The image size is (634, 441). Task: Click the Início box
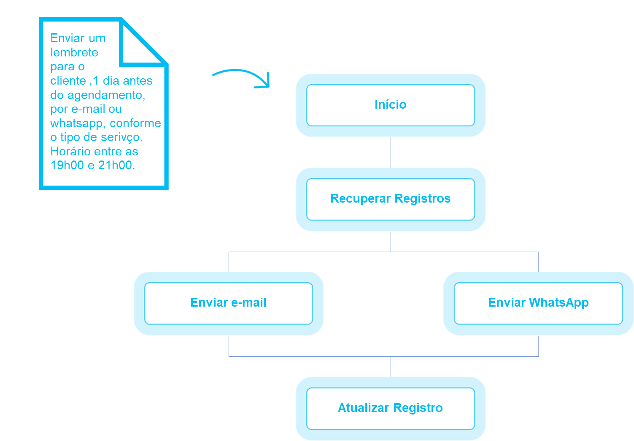(391, 105)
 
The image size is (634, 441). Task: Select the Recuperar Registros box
(391, 199)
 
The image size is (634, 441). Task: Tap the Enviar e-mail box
(229, 303)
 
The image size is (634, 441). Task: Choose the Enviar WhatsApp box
(538, 303)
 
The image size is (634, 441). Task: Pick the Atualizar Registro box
(391, 408)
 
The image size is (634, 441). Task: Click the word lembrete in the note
(74, 53)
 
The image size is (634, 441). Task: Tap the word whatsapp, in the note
(77, 123)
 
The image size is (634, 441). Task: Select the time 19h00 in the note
(67, 166)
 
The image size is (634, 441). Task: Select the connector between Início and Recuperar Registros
(391, 152)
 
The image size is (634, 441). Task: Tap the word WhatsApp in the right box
(558, 303)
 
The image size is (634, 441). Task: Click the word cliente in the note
(68, 81)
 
